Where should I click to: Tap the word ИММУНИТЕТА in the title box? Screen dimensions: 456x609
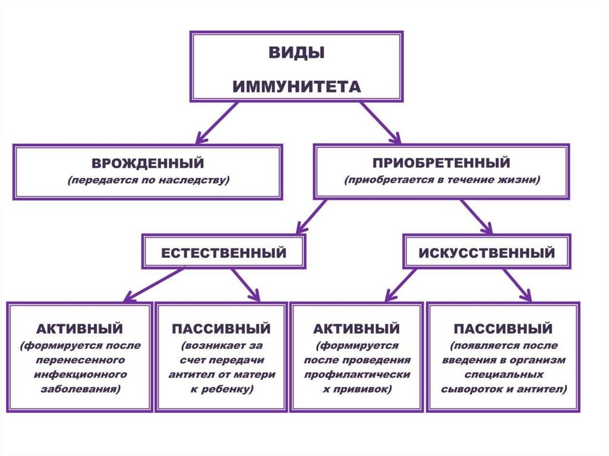coord(296,87)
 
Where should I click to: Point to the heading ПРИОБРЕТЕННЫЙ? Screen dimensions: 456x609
coord(441,162)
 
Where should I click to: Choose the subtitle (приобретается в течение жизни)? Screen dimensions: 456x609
coord(441,179)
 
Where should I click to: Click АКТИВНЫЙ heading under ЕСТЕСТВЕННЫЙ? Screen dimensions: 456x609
coord(80,328)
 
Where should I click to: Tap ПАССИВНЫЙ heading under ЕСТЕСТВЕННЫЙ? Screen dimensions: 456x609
coord(221,329)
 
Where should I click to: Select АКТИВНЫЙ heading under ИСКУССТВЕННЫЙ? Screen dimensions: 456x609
coord(356,329)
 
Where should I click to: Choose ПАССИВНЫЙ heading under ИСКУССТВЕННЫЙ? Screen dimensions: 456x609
coord(503,329)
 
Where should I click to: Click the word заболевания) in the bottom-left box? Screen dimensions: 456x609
coord(80,390)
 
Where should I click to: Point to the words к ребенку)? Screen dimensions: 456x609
coord(221,390)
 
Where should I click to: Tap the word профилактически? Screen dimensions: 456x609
coord(357,375)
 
